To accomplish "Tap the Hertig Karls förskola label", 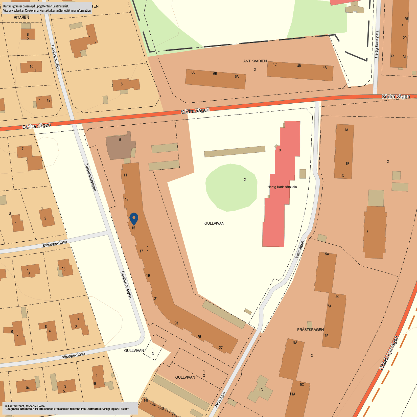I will pyautogui.click(x=282, y=187).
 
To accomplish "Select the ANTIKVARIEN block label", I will pyautogui.click(x=255, y=61).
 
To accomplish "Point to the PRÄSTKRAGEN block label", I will pyautogui.click(x=310, y=330).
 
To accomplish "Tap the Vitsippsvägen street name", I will pyautogui.click(x=73, y=355).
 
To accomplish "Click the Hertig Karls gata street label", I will pyautogui.click(x=377, y=44).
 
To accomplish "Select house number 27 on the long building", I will pyautogui.click(x=221, y=348).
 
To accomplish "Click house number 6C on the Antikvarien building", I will pyautogui.click(x=193, y=73).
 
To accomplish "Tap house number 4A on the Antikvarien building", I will pyautogui.click(x=325, y=67).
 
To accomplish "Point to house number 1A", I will pyautogui.click(x=346, y=130).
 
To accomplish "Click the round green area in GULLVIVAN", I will pyautogui.click(x=231, y=187).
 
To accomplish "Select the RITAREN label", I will pyautogui.click(x=21, y=17).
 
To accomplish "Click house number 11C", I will pyautogui.click(x=260, y=390).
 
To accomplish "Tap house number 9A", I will pyautogui.click(x=295, y=343).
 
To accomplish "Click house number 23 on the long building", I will pyautogui.click(x=176, y=323).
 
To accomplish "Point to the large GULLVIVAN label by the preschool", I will pyautogui.click(x=214, y=223).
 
